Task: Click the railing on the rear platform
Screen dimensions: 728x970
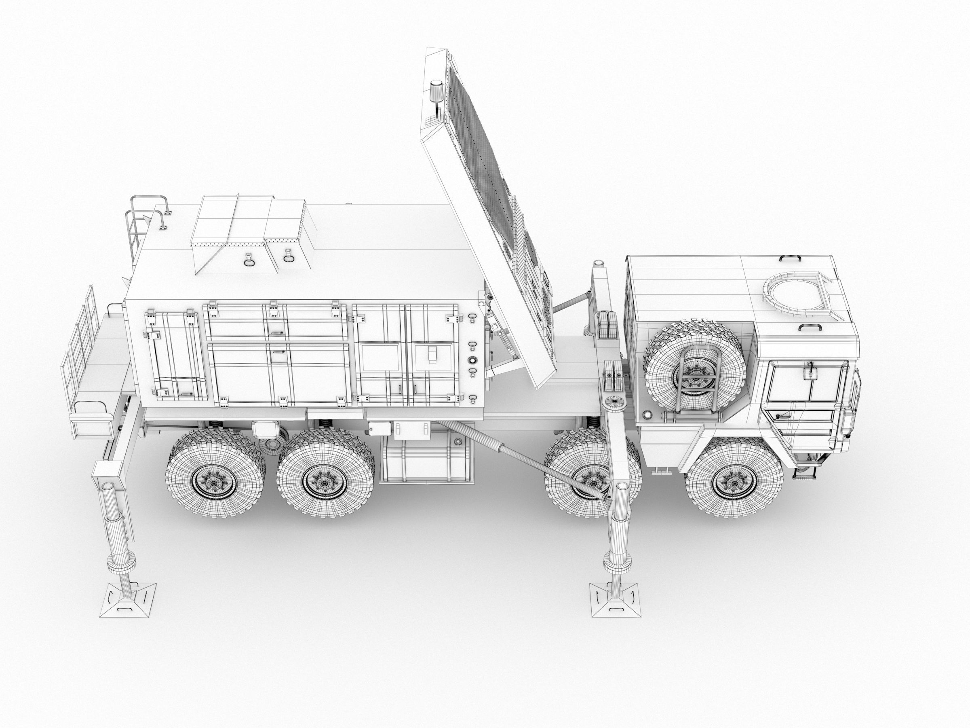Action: (81, 347)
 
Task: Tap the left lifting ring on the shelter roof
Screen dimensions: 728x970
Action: (249, 259)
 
